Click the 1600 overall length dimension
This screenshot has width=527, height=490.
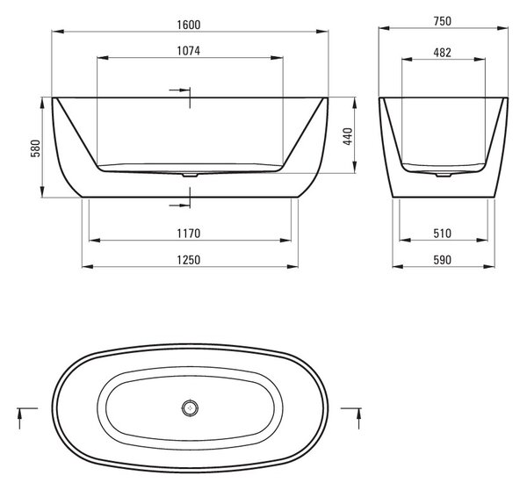coord(189,25)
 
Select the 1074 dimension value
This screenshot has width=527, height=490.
coord(189,51)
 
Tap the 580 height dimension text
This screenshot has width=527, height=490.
coord(35,148)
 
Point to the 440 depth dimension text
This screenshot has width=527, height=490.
coord(348,136)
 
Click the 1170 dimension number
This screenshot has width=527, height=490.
coord(189,234)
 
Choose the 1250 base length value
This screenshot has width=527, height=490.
coord(189,260)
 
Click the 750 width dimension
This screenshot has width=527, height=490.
coord(443,21)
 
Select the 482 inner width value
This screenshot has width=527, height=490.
coord(443,53)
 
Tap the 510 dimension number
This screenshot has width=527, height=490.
coord(443,234)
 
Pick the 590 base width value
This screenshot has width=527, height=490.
coord(443,260)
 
